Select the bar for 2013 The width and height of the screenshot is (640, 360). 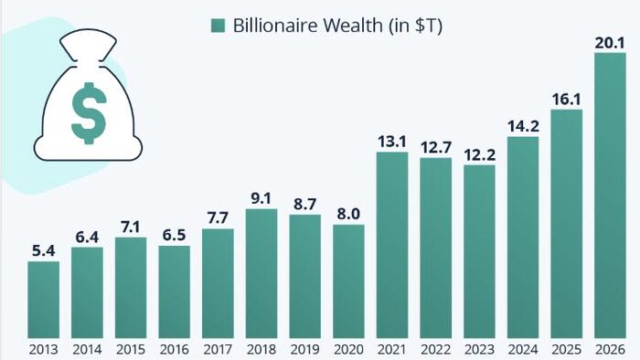click(43, 300)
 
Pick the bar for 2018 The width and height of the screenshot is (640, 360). click(261, 273)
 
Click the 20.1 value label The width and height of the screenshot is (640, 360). click(610, 41)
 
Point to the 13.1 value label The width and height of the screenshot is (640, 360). click(392, 141)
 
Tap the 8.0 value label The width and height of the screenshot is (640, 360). click(348, 213)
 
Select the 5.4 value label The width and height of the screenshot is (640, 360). click(43, 250)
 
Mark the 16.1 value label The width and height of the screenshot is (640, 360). click(567, 99)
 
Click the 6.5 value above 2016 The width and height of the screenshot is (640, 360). click(174, 234)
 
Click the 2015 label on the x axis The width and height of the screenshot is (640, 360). click(131, 349)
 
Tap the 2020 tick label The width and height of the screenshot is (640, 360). click(348, 349)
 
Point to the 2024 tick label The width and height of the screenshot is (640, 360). click(523, 349)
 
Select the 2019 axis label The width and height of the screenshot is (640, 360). click(304, 349)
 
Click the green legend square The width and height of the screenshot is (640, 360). click(218, 26)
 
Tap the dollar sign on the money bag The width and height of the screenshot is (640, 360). click(89, 111)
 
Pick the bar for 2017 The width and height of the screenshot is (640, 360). click(218, 283)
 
